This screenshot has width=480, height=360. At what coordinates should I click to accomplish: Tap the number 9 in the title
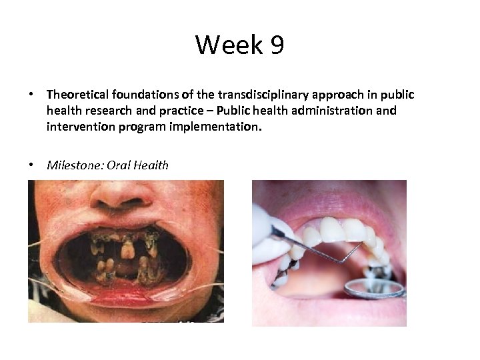pos(277,45)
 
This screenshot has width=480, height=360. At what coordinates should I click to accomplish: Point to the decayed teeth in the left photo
pos(127,250)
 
